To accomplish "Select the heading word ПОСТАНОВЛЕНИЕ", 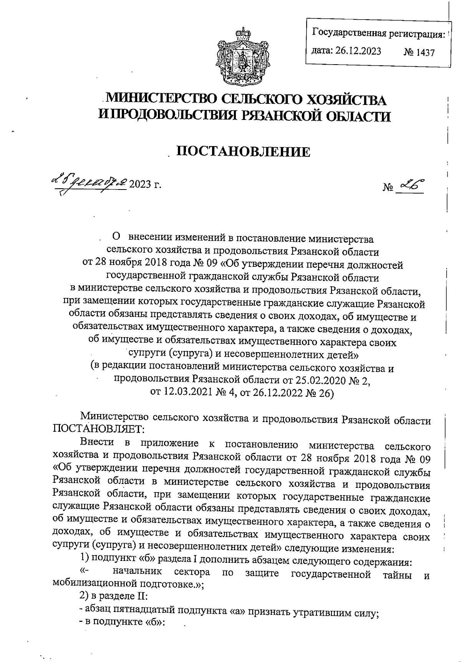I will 243,152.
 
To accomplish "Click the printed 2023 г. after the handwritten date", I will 145,184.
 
